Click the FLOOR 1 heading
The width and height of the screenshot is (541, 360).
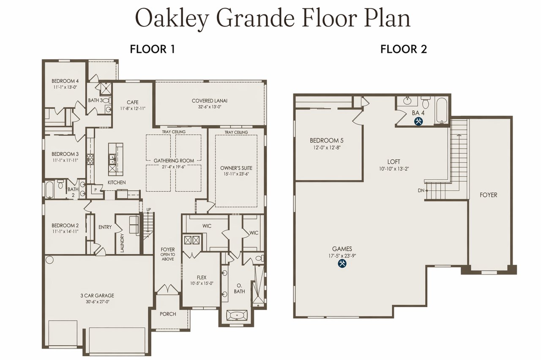153,49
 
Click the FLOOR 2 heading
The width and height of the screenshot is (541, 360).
404,49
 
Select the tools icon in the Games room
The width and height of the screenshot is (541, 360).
342,264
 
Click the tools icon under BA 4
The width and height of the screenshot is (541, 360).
418,121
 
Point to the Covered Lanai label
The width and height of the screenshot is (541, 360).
209,101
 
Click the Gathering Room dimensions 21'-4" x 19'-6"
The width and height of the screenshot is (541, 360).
174,167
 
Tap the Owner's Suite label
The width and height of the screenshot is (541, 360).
236,168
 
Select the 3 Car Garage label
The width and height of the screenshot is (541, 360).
97,295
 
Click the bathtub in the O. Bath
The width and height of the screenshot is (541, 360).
236,316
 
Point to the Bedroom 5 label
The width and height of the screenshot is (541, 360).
327,140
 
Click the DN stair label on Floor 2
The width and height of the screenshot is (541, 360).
421,190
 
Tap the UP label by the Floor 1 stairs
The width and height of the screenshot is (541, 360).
148,209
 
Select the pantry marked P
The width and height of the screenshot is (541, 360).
96,190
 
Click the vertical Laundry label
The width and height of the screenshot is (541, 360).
122,243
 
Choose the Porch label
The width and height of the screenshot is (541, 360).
168,314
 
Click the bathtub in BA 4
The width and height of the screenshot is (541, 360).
442,111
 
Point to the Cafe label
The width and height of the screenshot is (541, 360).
133,102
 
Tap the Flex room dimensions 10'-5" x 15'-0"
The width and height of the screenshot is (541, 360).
202,283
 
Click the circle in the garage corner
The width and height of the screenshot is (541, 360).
49,260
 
